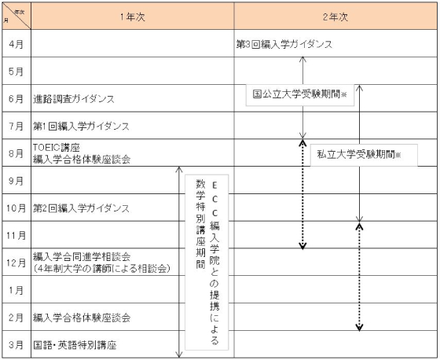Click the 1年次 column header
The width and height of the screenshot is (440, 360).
(133, 17)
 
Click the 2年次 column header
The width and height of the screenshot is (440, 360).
(335, 17)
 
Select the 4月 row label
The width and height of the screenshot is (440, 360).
(16, 44)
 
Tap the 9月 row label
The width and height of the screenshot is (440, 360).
(16, 181)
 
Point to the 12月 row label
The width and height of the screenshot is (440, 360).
(16, 263)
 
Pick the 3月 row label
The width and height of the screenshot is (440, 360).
(16, 344)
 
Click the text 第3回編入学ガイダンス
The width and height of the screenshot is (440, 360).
(284, 44)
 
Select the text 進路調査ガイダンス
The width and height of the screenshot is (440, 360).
(74, 99)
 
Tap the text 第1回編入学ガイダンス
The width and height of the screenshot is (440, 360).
(81, 126)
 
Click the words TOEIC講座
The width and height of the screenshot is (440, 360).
(57, 148)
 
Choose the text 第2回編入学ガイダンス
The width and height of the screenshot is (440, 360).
(81, 208)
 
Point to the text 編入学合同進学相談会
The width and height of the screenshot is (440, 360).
(82, 256)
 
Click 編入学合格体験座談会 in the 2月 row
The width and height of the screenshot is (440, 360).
(82, 318)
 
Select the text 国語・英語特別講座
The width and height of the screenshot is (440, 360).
(75, 345)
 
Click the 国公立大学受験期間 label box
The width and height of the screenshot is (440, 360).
(299, 94)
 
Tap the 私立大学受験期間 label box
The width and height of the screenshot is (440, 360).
(364, 155)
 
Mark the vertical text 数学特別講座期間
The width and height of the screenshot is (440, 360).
(200, 224)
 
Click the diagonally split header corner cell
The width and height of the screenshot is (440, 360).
(16, 16)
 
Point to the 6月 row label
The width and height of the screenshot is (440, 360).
(16, 99)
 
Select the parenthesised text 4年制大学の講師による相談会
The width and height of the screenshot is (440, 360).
(101, 269)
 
